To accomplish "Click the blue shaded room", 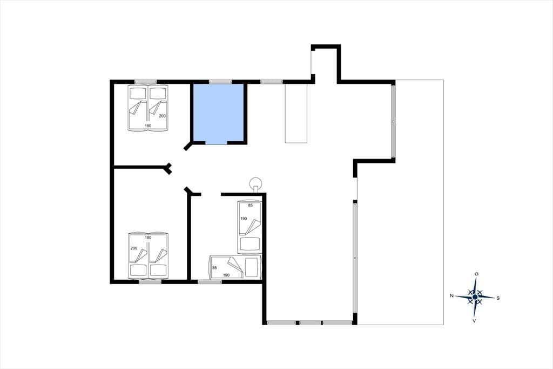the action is [219, 114].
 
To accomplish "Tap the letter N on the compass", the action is [451, 296].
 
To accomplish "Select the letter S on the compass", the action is [498, 298].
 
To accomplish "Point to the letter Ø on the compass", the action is [476, 274].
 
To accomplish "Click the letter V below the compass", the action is [474, 321].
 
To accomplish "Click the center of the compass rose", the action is [475, 297].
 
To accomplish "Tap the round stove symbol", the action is [255, 184].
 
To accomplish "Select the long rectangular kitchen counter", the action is [296, 114].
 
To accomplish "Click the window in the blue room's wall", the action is [220, 82].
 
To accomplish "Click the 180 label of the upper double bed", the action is [148, 126].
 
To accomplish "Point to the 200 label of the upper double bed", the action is [162, 116].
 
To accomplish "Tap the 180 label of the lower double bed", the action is [148, 238].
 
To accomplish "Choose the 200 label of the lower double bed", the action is [134, 248].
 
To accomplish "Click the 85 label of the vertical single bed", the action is [251, 206].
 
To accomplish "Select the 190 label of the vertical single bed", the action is [244, 219].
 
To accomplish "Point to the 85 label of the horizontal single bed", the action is [214, 268].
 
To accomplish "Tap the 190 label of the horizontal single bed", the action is [226, 275].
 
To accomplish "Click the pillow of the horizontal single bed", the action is [252, 268].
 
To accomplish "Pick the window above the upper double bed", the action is [146, 82].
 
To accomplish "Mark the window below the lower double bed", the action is [150, 282].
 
